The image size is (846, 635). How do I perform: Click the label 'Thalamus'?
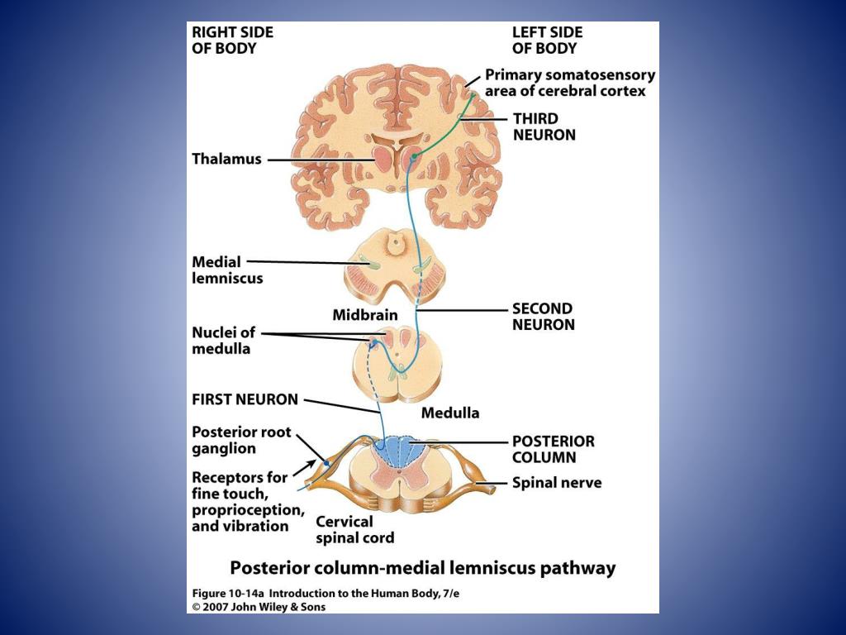point(226,159)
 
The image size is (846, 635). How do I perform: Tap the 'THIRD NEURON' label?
point(544,127)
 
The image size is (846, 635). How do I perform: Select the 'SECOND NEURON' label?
point(544,317)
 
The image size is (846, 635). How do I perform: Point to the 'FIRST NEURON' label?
point(245,399)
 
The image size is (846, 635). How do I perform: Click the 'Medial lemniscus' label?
point(227,270)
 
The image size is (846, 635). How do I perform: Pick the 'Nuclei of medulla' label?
point(223,340)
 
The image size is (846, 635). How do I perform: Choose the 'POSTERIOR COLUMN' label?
point(553,449)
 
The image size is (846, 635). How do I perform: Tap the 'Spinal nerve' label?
point(557,483)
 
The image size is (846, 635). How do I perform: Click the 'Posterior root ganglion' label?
point(241,440)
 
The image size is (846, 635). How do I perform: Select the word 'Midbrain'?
point(364,315)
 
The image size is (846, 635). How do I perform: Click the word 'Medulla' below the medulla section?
point(450,413)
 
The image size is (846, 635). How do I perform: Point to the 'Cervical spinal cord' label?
point(355,530)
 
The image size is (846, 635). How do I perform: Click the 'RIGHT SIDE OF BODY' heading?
point(232,40)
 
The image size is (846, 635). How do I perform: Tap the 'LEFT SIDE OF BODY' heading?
point(547,40)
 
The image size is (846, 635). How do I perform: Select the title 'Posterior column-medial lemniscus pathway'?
point(422,568)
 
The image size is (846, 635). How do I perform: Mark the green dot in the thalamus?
point(414,156)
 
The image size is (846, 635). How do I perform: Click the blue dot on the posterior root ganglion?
point(326,463)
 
